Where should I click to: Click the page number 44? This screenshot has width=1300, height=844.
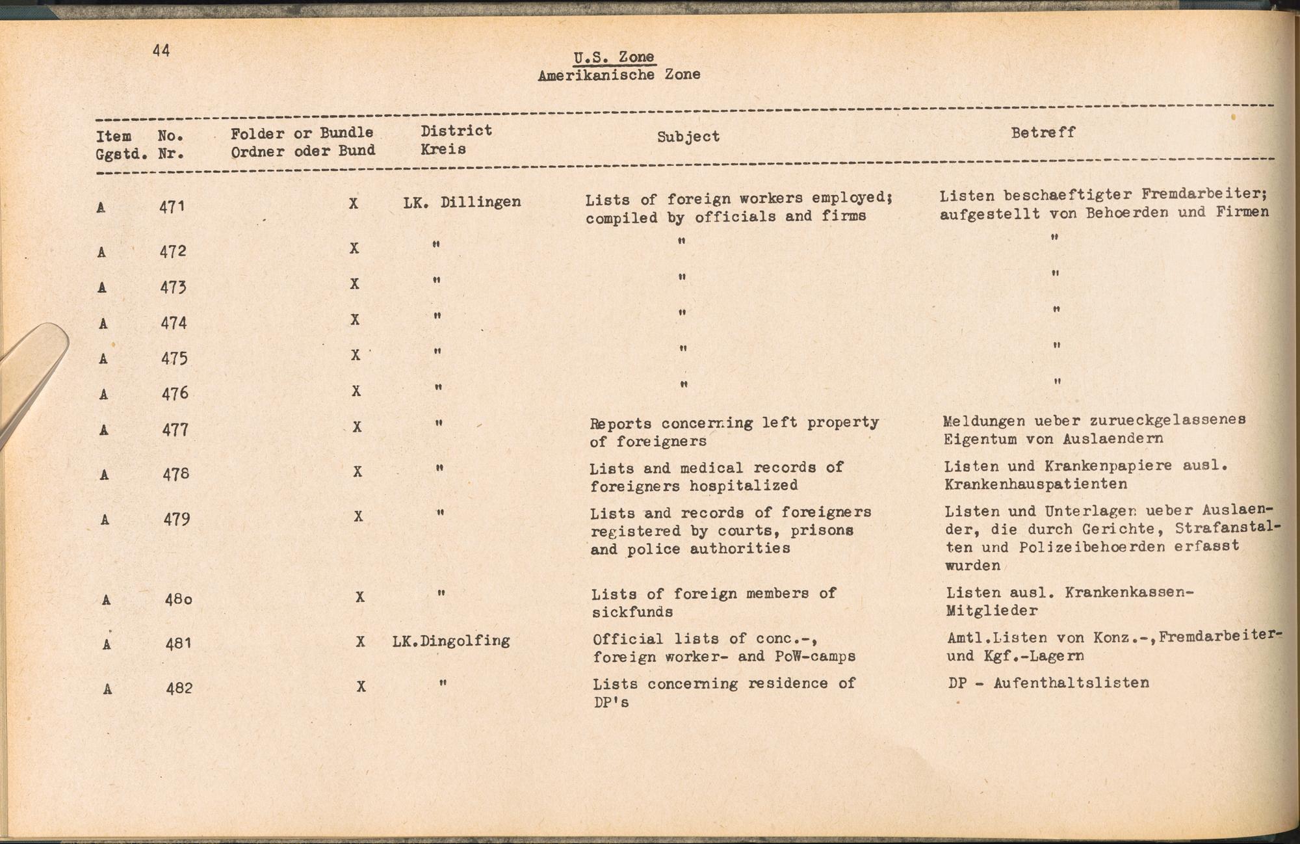coord(161,51)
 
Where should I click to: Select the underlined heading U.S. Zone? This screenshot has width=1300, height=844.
coord(614,57)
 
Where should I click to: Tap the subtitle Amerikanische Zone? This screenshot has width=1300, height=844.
coord(619,75)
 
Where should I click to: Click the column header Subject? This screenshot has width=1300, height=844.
coord(688,137)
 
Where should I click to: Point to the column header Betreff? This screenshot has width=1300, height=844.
coord(1043,133)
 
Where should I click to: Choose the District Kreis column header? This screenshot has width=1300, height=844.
coord(455,140)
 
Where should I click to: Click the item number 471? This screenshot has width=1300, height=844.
coord(172,207)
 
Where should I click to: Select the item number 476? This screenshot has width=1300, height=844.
coord(174,393)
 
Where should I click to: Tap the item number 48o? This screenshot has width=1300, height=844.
coord(178,599)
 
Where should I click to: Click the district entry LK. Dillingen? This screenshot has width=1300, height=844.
coord(461,202)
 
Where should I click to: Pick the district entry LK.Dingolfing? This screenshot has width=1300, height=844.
coord(451,641)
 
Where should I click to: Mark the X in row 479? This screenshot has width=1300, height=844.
coord(358,517)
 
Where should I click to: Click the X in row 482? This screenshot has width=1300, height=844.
coord(361,687)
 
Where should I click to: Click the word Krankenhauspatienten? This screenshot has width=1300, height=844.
coord(1035,484)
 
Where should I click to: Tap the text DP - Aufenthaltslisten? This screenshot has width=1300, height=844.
coord(1048,683)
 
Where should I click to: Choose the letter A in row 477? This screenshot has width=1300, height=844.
coord(104,430)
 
